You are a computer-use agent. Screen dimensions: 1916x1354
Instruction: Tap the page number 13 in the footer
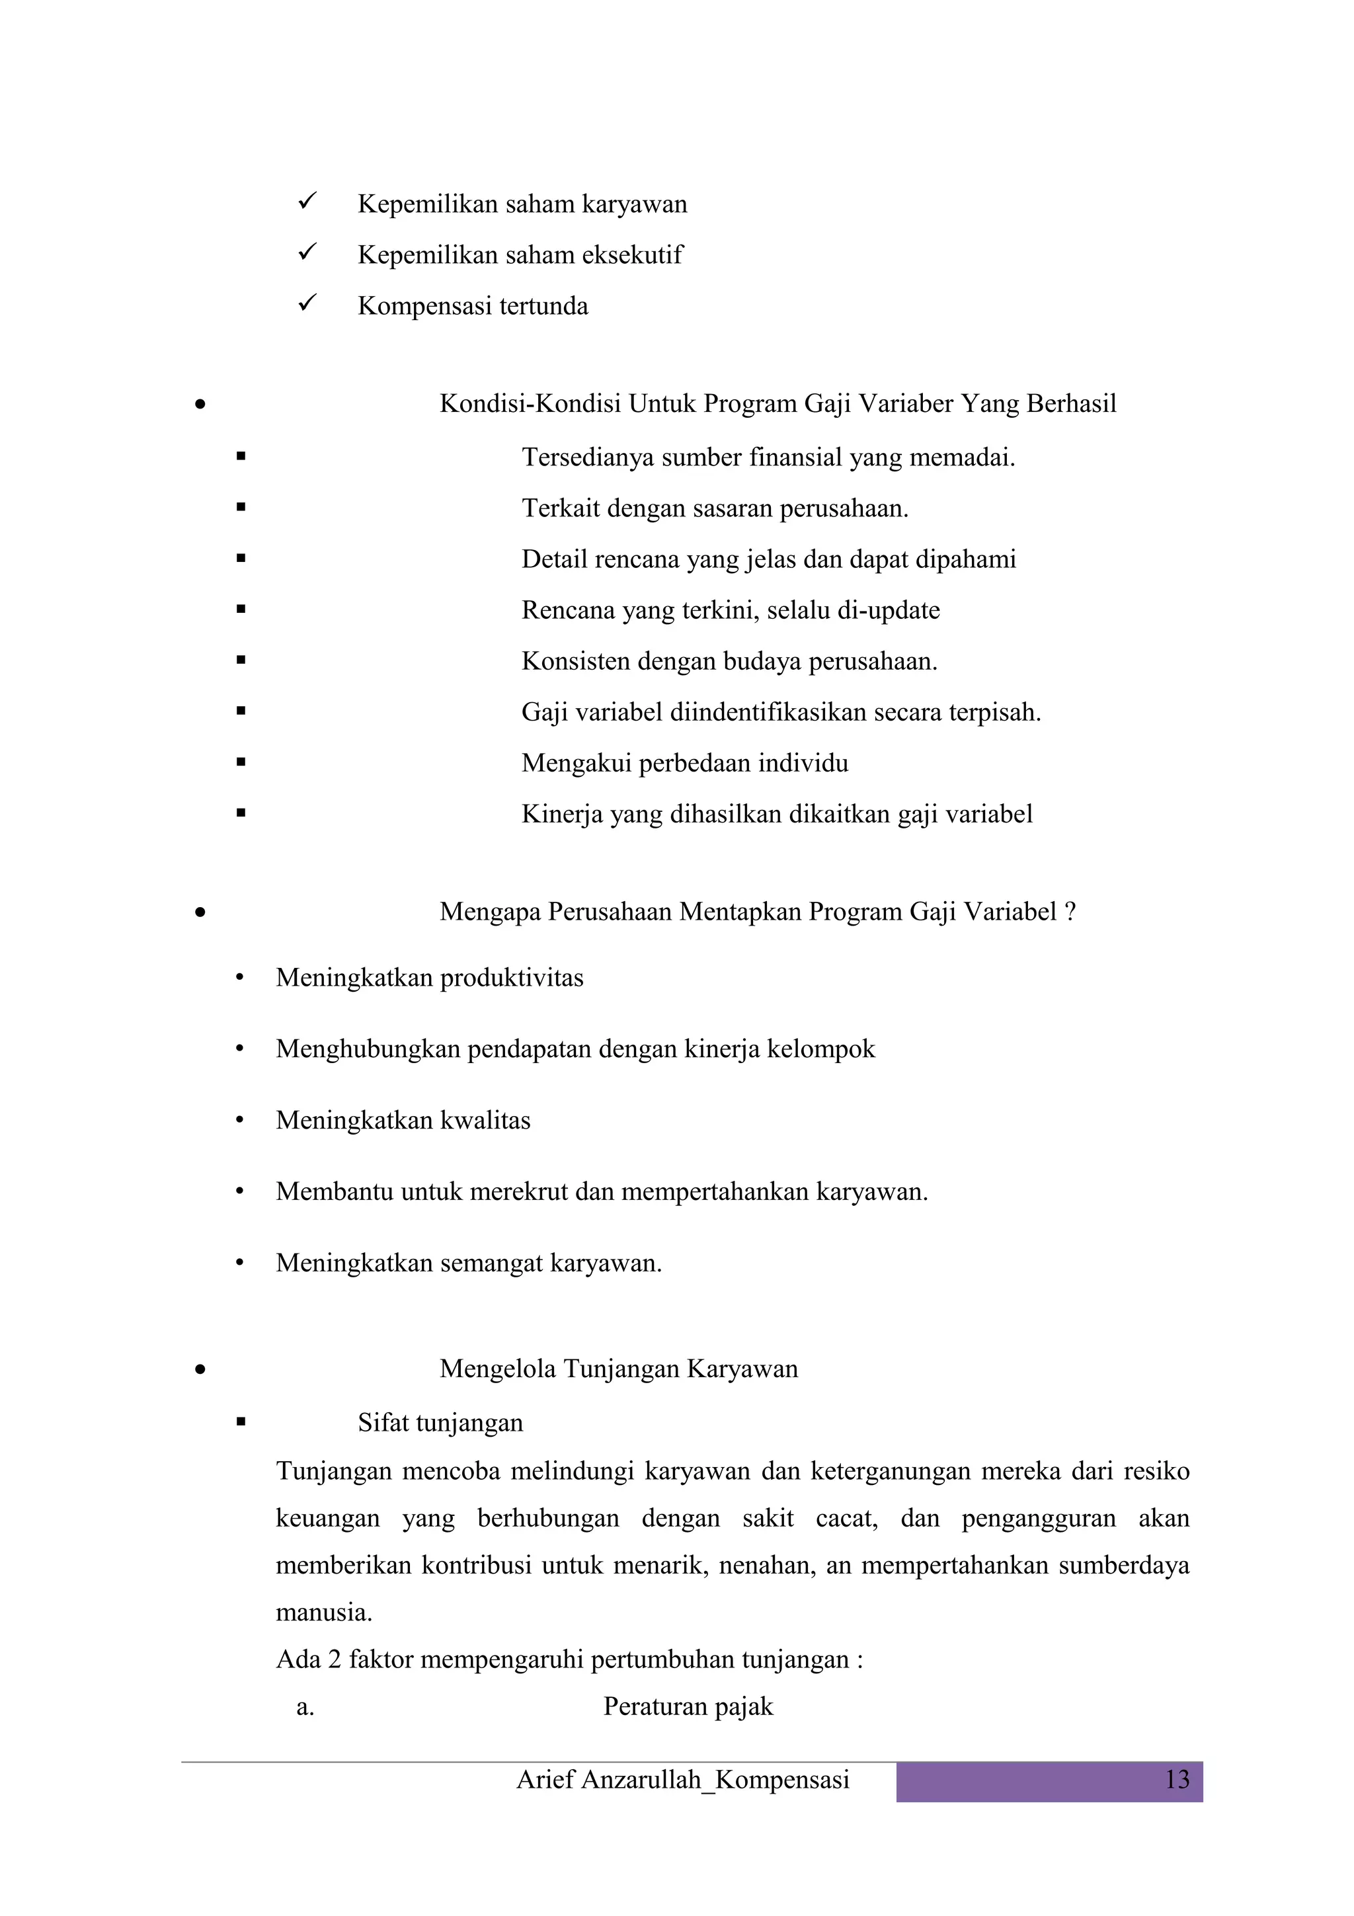click(1176, 1779)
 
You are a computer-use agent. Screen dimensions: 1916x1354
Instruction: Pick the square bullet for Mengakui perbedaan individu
click(241, 762)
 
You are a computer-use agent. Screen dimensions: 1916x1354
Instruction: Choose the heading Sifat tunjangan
click(440, 1423)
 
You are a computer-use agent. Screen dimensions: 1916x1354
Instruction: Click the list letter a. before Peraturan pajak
click(305, 1707)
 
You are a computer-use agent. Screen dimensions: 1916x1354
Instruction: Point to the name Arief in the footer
click(545, 1779)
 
